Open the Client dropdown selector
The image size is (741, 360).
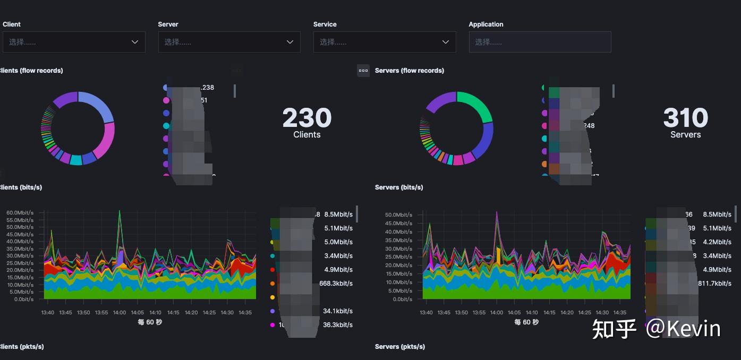click(74, 42)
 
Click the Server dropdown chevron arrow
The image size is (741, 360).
click(290, 42)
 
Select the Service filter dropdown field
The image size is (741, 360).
click(384, 42)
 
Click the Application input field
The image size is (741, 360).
click(540, 42)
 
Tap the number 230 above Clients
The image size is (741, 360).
click(306, 118)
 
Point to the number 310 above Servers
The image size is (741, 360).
click(685, 118)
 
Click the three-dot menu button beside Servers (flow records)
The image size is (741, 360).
click(363, 71)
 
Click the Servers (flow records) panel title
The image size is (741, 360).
click(409, 71)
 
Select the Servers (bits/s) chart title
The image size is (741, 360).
click(398, 187)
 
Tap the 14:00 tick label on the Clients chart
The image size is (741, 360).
click(120, 313)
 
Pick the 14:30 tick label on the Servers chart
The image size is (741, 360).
click(602, 313)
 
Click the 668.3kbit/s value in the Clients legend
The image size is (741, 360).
click(336, 284)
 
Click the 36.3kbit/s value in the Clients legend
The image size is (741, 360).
click(337, 325)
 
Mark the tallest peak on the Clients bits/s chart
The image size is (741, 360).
click(120, 211)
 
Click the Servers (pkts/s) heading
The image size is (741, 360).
click(399, 347)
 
